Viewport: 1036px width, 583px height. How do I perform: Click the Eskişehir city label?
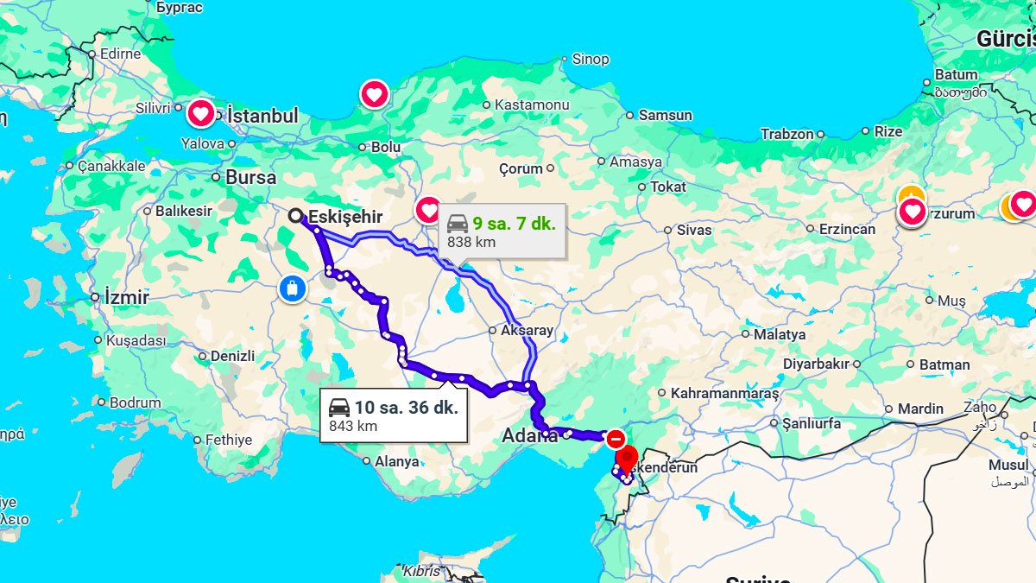pos(345,217)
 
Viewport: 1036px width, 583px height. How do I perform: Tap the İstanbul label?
pos(262,116)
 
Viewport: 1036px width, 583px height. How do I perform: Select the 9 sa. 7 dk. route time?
pos(514,224)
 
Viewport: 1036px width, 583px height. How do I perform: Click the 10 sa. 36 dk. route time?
pos(406,407)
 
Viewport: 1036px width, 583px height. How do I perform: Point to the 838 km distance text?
pos(471,243)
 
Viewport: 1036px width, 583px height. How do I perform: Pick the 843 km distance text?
pos(353,426)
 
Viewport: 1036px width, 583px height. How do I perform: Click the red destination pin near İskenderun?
pos(628,457)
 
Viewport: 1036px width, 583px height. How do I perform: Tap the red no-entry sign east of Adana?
pos(616,439)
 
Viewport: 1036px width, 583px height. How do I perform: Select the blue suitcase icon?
pos(293,288)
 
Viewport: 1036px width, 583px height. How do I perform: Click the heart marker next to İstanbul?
pos(200,112)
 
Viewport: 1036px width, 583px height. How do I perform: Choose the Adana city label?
pos(529,436)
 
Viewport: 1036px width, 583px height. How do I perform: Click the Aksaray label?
pos(527,331)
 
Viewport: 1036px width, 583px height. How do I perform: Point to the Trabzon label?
pos(787,134)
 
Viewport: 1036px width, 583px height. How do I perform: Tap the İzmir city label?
pos(126,298)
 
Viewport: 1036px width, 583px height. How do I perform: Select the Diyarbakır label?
pos(816,364)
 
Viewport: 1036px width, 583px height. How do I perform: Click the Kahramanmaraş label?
pos(724,393)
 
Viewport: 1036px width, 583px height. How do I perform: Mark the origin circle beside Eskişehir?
pos(296,216)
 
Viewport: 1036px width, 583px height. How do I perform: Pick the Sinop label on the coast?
pos(591,60)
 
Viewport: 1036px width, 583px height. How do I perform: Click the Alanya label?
pos(396,461)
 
